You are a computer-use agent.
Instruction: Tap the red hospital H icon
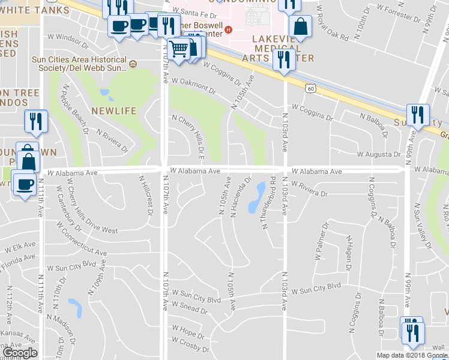click(228, 29)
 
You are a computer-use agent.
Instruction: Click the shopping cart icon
click(179, 49)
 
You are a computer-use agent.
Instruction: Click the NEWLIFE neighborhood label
click(114, 112)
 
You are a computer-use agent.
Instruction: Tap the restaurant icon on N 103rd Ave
click(282, 60)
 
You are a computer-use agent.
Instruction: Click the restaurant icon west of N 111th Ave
click(36, 121)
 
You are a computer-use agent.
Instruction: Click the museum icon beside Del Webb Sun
click(133, 64)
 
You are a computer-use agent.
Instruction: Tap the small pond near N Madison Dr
click(76, 307)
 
